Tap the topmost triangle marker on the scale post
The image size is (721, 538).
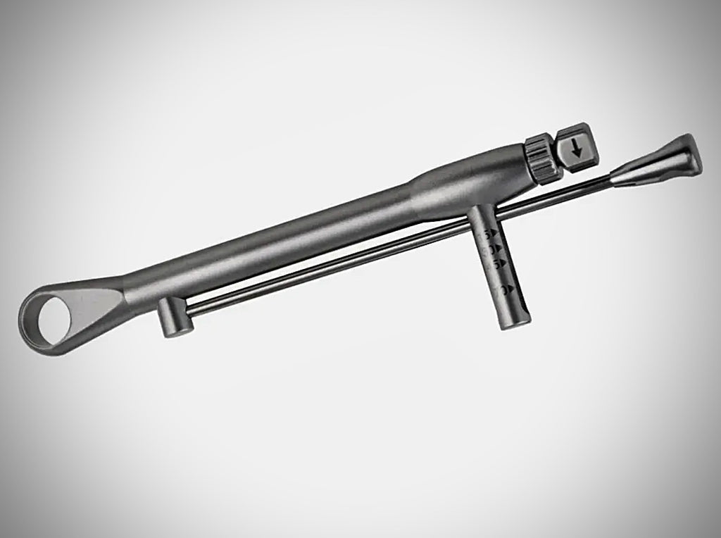point(493,232)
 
